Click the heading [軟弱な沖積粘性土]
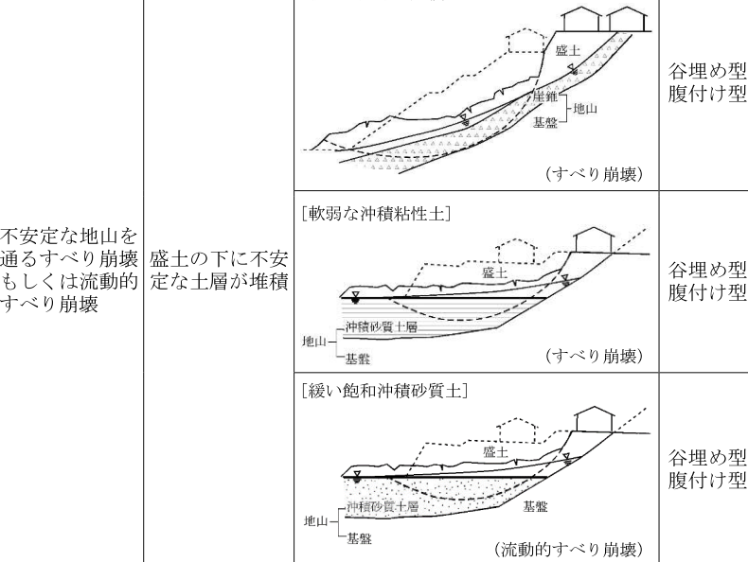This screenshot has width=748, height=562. point(377,213)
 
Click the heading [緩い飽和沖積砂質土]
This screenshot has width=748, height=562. point(385,392)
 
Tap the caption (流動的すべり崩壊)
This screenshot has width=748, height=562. point(569,549)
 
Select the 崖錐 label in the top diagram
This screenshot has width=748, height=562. point(544,97)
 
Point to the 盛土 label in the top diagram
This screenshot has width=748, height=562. point(568,50)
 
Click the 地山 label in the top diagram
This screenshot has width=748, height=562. point(585,109)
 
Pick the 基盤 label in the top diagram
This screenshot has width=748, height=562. point(544,123)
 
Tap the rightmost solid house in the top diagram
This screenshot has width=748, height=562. point(629,20)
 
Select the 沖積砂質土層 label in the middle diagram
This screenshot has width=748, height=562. point(382,327)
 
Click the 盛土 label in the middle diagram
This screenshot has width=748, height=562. point(494,272)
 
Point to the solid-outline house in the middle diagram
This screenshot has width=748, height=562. point(594,239)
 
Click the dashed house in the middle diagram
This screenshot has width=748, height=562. point(517,251)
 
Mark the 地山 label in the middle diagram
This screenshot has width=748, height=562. point(314,342)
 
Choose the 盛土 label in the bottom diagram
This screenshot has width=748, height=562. point(495,451)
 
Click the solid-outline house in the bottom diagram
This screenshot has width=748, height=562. point(594,419)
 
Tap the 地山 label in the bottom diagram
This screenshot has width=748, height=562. point(316,521)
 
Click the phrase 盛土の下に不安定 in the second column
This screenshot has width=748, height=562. point(219,259)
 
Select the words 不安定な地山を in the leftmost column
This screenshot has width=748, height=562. point(69,236)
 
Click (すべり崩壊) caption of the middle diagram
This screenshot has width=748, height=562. point(595,356)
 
